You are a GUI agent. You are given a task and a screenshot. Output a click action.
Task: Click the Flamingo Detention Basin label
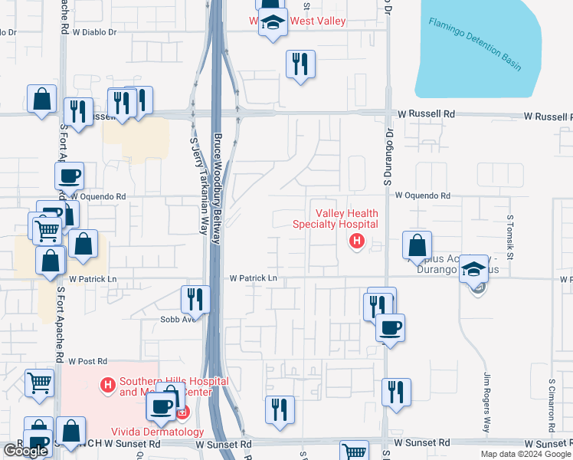coord(475,44)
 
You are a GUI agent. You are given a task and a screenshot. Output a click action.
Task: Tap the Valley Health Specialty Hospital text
coord(336,219)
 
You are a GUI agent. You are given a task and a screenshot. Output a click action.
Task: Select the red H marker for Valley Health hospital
coord(355,242)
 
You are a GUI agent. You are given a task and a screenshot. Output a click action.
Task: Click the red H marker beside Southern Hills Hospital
coord(108,383)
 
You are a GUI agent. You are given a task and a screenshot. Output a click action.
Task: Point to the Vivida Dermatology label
coord(158,432)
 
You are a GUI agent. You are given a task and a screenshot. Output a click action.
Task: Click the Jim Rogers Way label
coord(486,402)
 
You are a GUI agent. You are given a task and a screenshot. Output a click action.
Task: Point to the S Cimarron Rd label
coord(551,402)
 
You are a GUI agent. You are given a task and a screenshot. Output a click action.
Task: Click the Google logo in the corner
coord(25,451)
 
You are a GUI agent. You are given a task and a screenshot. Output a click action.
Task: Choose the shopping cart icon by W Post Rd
coord(39,381)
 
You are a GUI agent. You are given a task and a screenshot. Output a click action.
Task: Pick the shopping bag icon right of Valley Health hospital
coord(417,246)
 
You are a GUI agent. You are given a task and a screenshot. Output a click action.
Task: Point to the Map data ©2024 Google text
coord(525,454)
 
